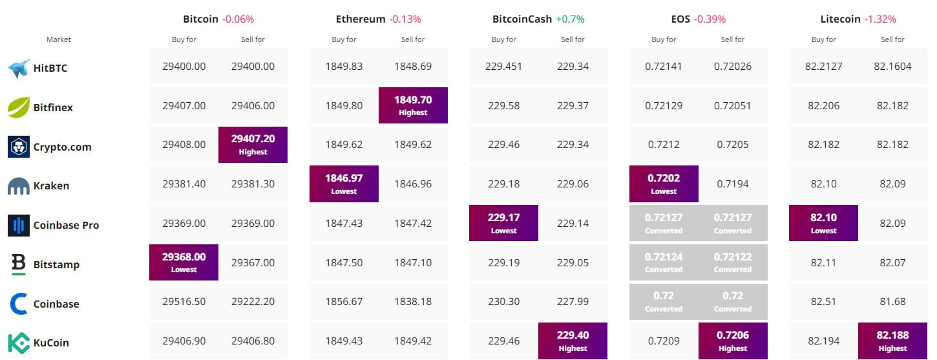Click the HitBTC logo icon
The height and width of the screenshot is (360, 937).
(19, 68)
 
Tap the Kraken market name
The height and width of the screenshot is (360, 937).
(51, 186)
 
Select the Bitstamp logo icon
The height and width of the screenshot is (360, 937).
(19, 264)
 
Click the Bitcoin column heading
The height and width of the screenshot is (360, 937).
(201, 19)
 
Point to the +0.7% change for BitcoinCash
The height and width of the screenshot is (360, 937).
(570, 19)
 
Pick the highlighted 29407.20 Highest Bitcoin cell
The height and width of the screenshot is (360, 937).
(253, 145)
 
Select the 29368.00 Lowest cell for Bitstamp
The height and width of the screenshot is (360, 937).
(184, 262)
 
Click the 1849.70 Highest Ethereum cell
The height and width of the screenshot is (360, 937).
(413, 105)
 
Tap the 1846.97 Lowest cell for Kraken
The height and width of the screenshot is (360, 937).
(344, 184)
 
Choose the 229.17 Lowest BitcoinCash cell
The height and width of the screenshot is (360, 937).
(503, 223)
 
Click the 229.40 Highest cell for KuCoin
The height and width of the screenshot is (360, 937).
(573, 341)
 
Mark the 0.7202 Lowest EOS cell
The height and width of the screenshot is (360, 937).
(664, 184)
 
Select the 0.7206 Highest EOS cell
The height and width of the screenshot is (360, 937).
(733, 341)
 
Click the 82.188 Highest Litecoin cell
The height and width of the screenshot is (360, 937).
(892, 341)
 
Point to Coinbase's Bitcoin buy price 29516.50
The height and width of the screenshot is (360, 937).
(184, 302)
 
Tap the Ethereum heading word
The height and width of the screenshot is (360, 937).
(361, 19)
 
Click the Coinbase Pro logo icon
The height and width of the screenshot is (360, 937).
(19, 225)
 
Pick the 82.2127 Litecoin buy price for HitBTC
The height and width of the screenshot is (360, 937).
(823, 66)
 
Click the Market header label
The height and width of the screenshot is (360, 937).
(59, 39)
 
